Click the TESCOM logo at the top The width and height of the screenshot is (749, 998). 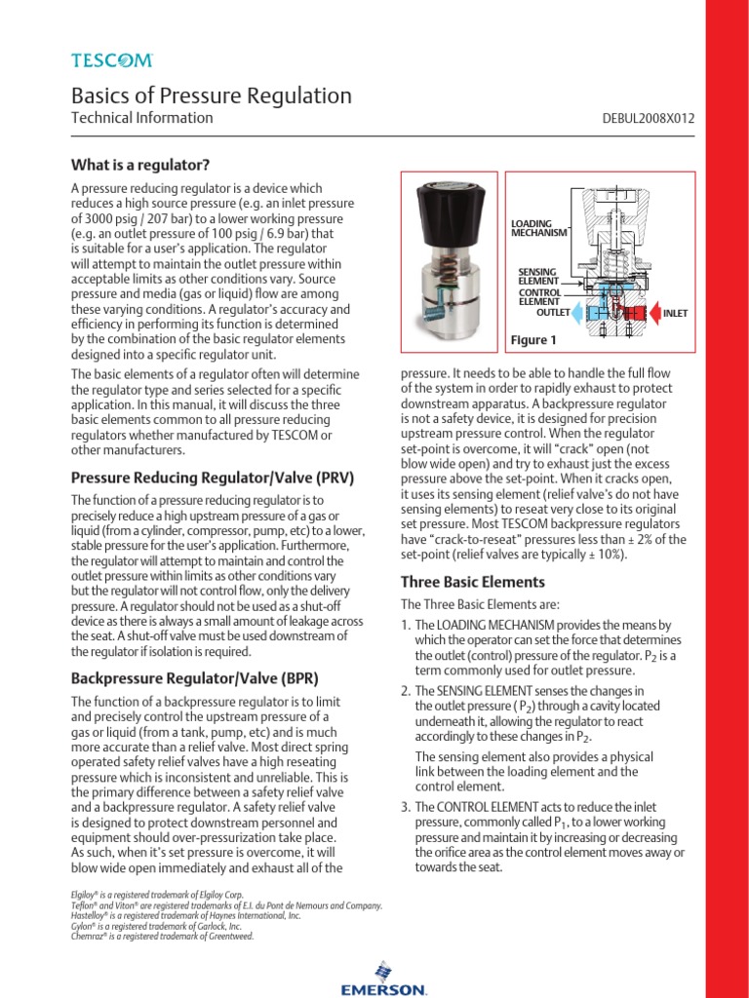pos(112,60)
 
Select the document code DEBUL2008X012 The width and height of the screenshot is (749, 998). pos(650,119)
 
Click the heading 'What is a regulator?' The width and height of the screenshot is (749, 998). pos(140,163)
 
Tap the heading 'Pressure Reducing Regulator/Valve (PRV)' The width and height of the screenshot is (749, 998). pos(213,478)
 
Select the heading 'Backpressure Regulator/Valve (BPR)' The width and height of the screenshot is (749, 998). pos(195,677)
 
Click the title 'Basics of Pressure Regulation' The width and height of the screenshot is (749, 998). pos(212,96)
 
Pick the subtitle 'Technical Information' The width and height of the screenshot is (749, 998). pos(142,118)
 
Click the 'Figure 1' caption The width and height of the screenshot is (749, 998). pos(533,340)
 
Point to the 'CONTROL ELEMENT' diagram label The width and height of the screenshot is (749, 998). pos(538,296)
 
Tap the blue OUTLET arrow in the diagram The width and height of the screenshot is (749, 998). pos(581,313)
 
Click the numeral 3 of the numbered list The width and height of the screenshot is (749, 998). pos(407,808)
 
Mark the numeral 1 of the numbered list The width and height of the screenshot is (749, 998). pos(407,625)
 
